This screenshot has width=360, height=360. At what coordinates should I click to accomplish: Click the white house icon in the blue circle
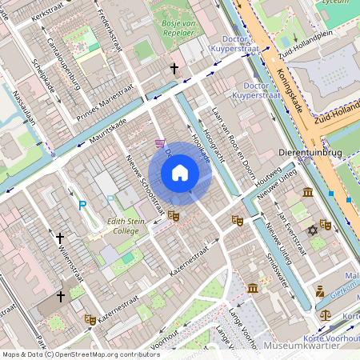coord(180,173)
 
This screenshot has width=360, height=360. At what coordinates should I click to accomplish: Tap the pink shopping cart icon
coord(161,144)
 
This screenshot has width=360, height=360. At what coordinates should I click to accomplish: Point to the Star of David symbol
coord(313,230)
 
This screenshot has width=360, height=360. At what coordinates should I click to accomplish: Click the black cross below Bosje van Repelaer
coord(174,70)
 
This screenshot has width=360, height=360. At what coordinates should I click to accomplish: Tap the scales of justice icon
coord(326,314)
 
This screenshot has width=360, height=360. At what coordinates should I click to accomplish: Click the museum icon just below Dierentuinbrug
coord(308,192)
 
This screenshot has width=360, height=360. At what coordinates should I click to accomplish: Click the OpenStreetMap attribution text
coord(80,354)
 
